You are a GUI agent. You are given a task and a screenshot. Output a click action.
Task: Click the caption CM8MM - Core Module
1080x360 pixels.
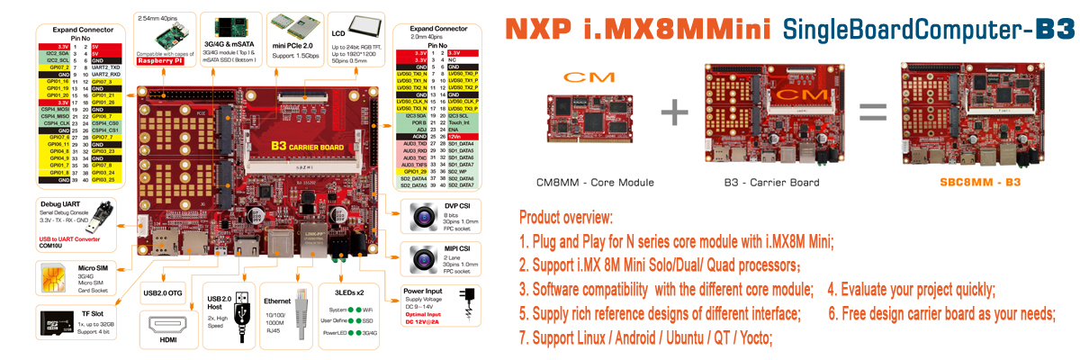[596, 183]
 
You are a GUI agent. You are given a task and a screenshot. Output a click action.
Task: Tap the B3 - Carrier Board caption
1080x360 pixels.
[771, 183]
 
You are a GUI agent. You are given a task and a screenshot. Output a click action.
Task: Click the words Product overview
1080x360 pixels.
[566, 219]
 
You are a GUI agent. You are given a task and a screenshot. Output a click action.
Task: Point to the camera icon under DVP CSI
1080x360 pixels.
[423, 216]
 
